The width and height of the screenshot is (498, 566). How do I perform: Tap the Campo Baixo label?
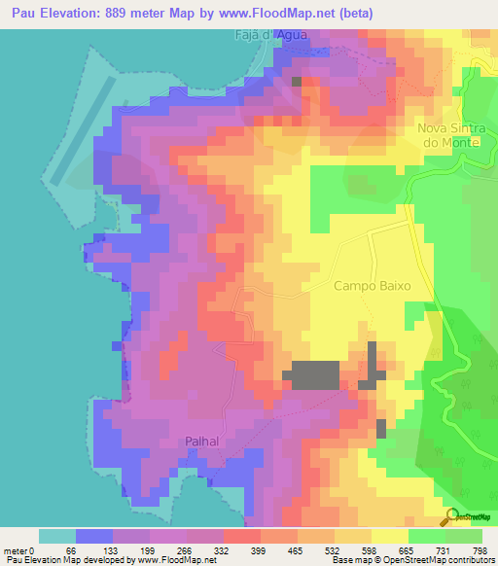[x=373, y=287]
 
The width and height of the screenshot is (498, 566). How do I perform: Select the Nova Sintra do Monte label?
[x=448, y=135]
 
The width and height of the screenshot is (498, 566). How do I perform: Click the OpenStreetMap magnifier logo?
[x=449, y=517]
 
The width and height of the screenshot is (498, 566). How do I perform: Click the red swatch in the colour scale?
[x=242, y=536]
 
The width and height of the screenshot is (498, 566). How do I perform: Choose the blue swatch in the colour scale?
[x=94, y=536]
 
